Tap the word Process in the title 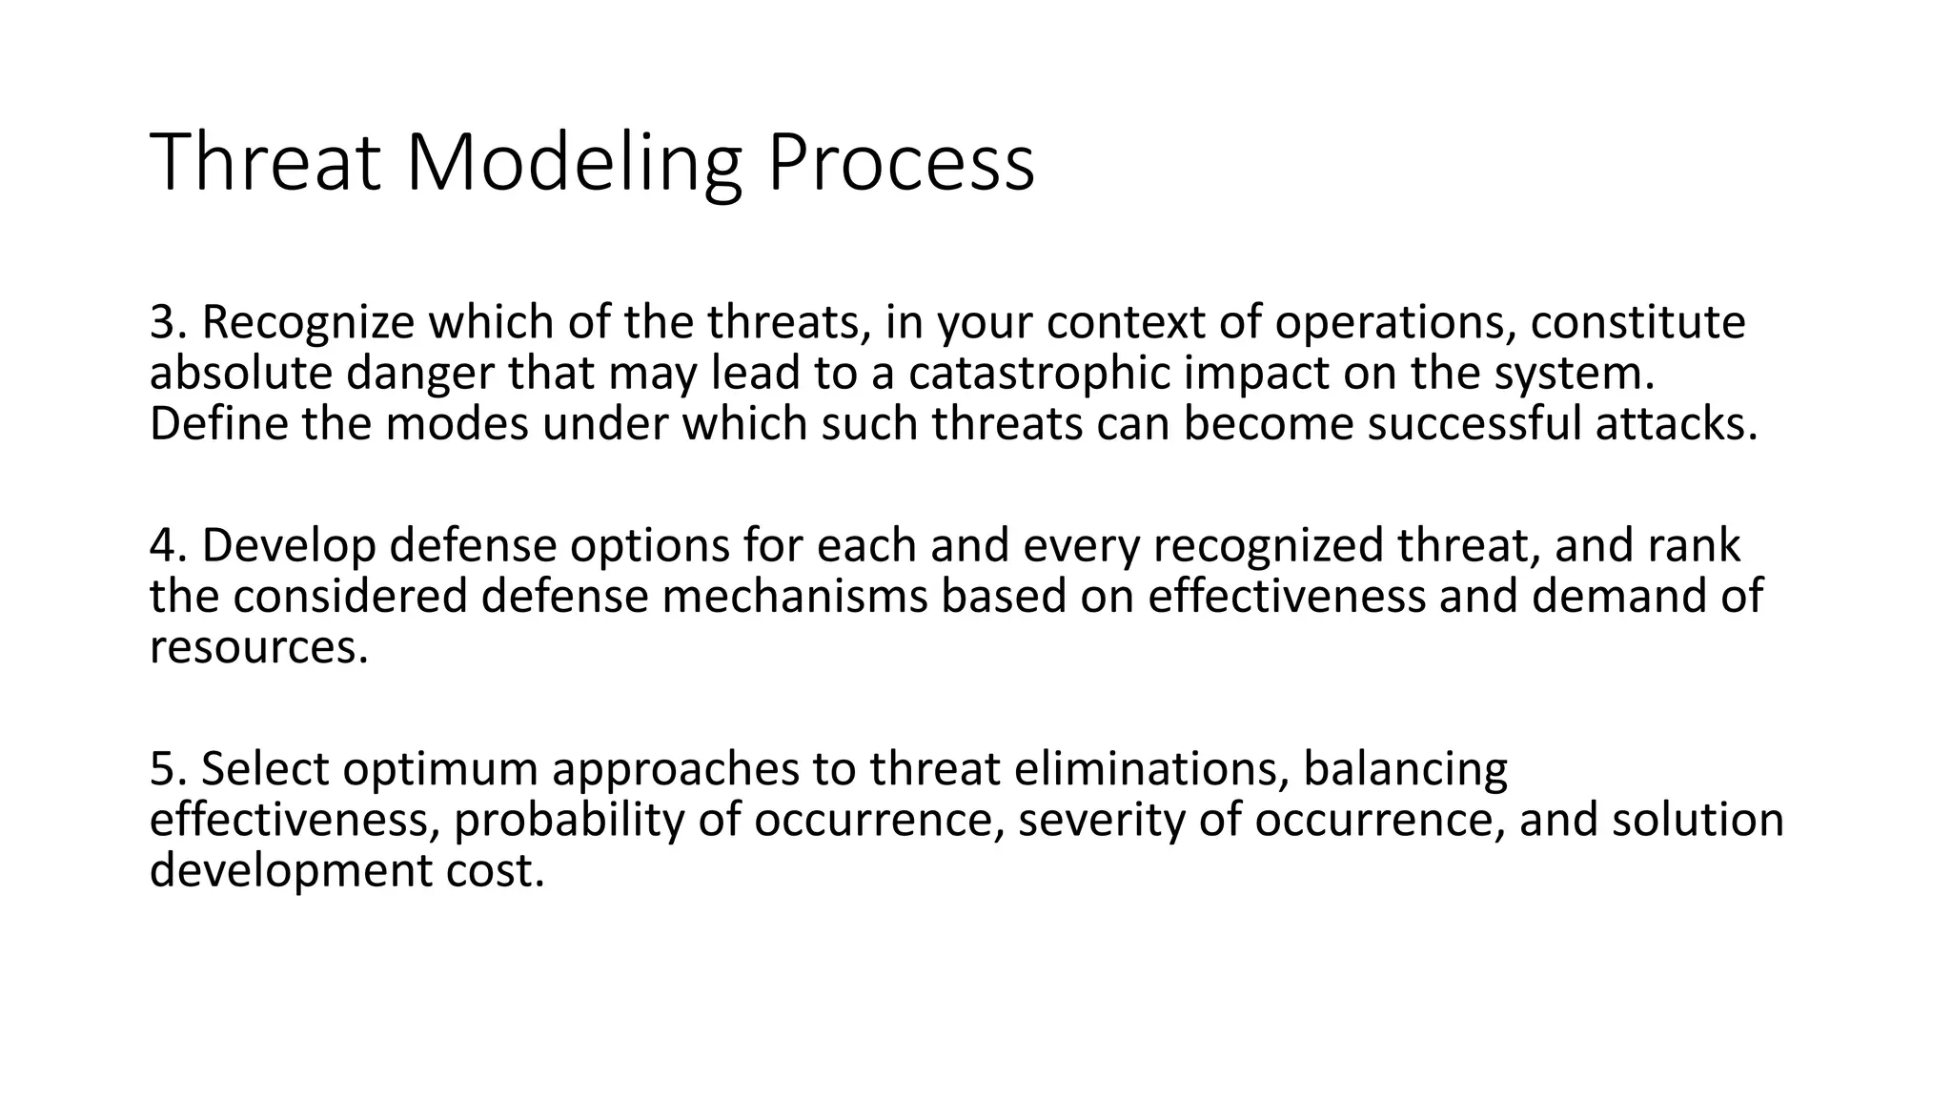point(900,163)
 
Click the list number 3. point(168,322)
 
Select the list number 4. point(168,545)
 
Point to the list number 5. point(168,768)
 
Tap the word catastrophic point(1039,373)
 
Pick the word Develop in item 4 point(289,545)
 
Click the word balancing point(1405,770)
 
